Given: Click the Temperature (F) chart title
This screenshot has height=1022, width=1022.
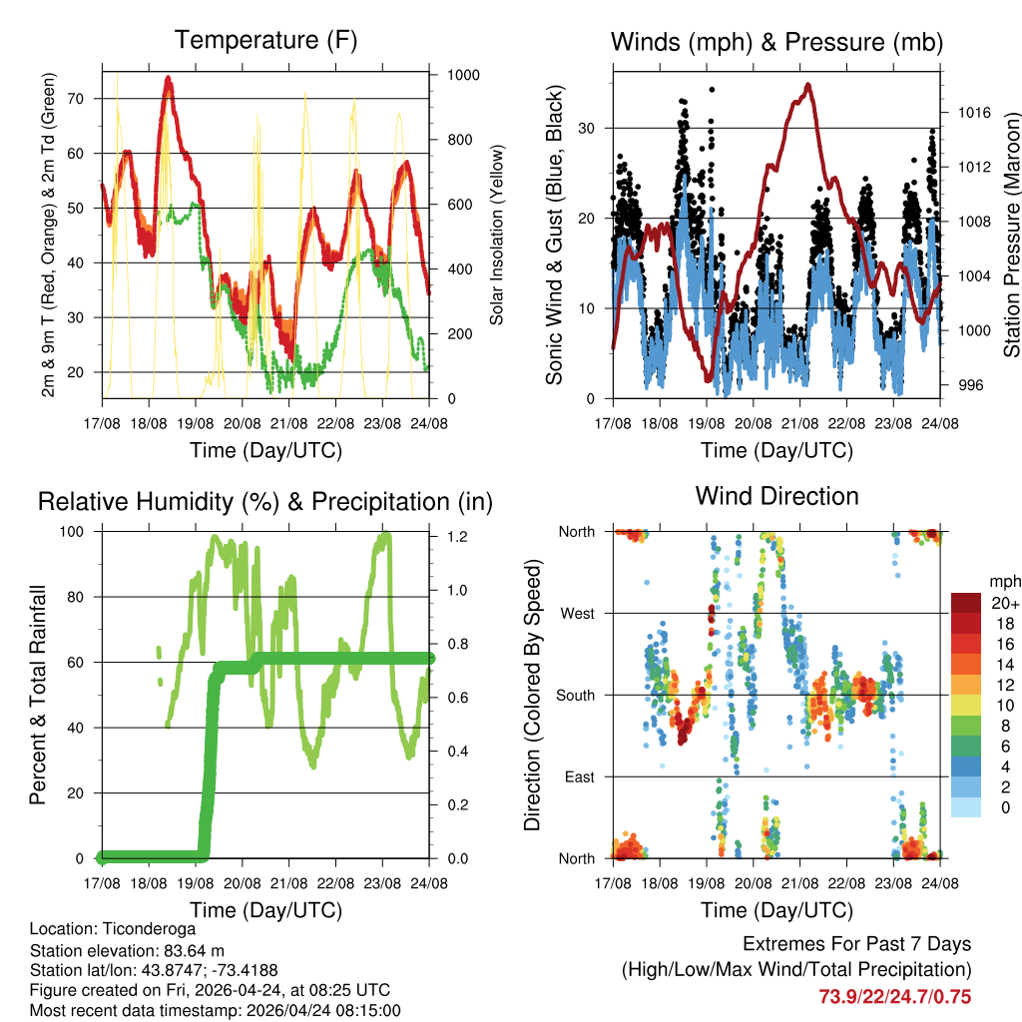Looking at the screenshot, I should point(265,41).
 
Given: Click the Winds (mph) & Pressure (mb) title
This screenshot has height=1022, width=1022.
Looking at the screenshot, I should point(776,42).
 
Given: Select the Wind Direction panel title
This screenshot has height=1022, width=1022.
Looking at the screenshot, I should point(776,496).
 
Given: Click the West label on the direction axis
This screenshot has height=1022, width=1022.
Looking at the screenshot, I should point(578,613).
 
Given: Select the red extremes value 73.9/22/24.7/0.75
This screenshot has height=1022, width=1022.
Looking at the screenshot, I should point(895,996).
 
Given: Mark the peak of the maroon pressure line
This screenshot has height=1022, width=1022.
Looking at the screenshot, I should point(807,85).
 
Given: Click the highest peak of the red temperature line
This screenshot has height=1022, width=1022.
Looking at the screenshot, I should point(169,77).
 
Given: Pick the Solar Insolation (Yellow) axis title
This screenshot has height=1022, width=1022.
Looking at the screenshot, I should point(497,235).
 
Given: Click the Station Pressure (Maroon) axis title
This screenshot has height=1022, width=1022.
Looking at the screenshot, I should point(1009,235).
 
